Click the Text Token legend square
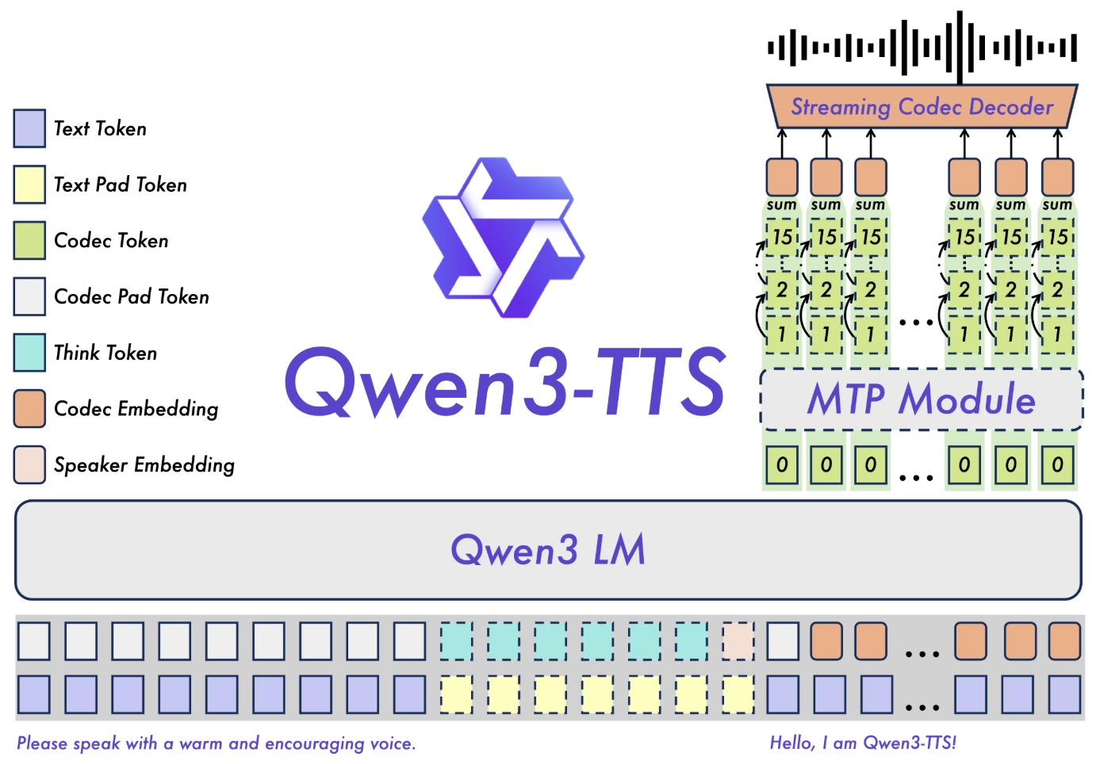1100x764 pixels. (29, 128)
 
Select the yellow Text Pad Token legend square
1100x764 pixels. (29, 185)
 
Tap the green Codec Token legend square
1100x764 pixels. (29, 240)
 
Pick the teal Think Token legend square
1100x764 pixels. (29, 353)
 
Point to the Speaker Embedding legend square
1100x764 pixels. (29, 464)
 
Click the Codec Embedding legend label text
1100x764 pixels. (136, 409)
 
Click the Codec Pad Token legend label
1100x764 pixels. (132, 296)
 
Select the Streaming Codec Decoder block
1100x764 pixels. (922, 107)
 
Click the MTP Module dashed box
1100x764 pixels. (922, 399)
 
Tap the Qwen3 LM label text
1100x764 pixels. (548, 549)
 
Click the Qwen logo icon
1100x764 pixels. (504, 238)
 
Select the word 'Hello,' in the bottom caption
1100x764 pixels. (792, 743)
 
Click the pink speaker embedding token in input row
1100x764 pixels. (738, 641)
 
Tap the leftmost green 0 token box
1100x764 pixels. (782, 464)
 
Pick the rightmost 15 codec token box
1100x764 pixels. (1057, 237)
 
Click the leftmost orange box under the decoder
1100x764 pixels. (782, 176)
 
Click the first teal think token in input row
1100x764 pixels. (456, 641)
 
